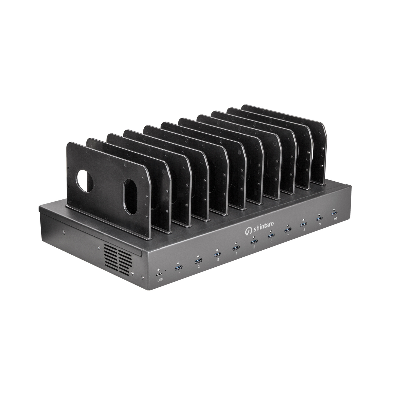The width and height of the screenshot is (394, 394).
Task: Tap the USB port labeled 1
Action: pos(179,267)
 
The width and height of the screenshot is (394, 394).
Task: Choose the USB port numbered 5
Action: pos(254,242)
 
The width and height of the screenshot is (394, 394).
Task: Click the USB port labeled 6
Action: pos(271,236)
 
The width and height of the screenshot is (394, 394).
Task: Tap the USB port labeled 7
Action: pos(287,230)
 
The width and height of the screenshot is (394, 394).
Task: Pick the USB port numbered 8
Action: pos(303,224)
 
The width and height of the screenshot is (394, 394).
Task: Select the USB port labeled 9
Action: pos(319,218)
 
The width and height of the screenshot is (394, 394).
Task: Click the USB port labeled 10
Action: pos(334,213)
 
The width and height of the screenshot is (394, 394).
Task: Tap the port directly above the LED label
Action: pos(159,274)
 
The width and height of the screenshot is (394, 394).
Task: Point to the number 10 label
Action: pos(335,219)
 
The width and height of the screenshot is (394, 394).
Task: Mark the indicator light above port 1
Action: pos(178,263)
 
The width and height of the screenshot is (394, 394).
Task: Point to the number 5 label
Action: pos(254,248)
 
